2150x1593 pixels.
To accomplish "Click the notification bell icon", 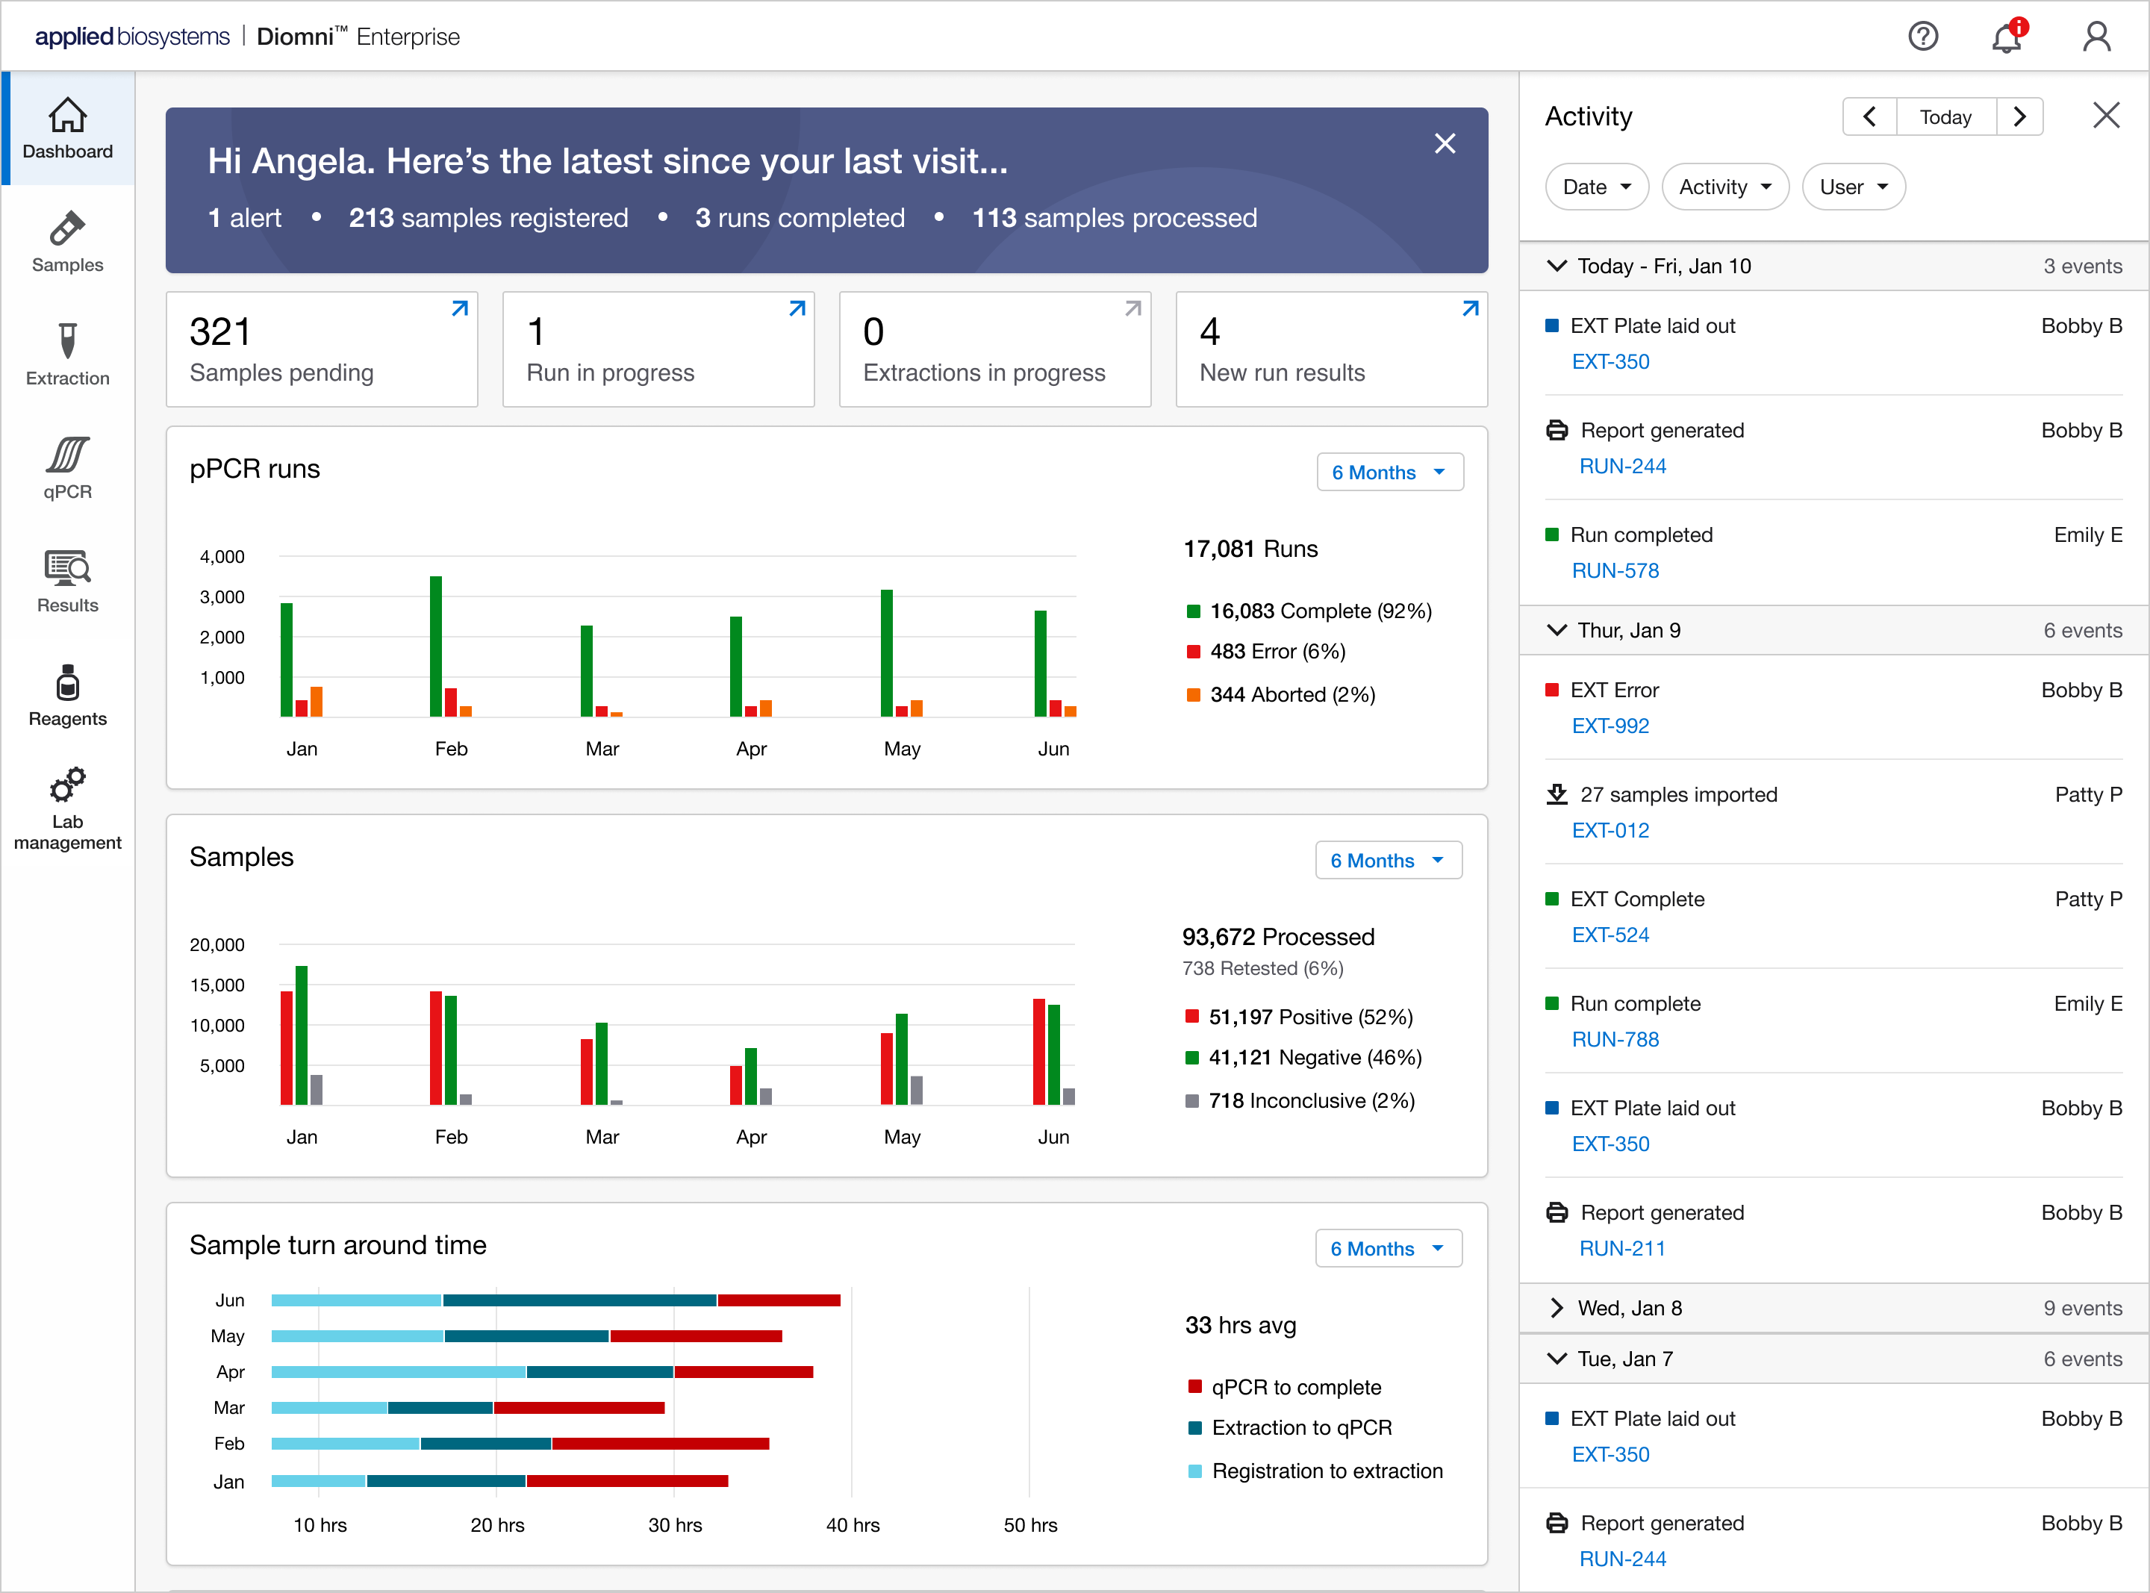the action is coord(2007,37).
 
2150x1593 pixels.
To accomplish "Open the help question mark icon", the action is coord(1924,37).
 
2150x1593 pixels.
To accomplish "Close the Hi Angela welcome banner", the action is coord(1445,143).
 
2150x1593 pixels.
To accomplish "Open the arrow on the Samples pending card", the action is coord(460,308).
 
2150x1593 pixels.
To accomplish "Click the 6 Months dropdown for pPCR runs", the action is coord(1389,473).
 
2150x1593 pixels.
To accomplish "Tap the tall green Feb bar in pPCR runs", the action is coord(436,646).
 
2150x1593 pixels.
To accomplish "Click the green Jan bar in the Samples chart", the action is coord(302,1035).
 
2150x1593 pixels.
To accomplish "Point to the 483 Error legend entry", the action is coord(1266,652).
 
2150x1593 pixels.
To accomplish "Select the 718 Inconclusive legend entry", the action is coord(1300,1101).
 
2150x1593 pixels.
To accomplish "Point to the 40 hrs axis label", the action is coord(853,1526).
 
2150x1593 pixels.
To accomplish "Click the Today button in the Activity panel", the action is coord(1945,116).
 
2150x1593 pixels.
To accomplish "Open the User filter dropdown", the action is coord(1853,187).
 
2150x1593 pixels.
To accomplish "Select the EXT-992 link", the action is coord(1610,726).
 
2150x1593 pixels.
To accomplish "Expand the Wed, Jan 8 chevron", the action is coord(1556,1308).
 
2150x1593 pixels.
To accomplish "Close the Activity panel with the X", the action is coord(2107,116).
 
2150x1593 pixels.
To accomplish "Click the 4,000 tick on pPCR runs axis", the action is coord(222,556).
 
